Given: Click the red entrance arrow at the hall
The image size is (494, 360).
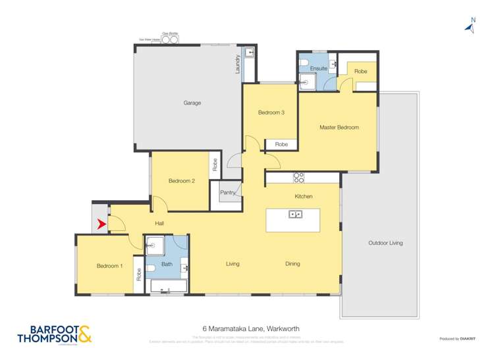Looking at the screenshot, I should point(101,224).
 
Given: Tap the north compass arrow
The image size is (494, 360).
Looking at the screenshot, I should point(470,26).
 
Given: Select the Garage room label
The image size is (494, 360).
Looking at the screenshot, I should point(192,103).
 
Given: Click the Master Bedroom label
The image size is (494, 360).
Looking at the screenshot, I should point(339,127).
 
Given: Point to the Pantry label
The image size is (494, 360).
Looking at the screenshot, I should point(228,192).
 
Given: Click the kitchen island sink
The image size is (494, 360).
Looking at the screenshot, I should point(295,214).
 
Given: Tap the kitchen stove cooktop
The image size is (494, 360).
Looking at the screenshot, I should point(298,177).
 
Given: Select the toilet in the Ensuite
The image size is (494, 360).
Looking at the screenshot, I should point(304,64).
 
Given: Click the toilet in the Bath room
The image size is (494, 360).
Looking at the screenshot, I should point(150,268).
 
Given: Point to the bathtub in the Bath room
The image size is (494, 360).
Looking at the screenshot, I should point(169,287).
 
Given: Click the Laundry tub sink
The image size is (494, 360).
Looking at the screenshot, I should point(250,53).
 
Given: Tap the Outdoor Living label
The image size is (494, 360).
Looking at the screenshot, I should point(385,244).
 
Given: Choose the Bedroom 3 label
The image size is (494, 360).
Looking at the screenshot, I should point(271,113).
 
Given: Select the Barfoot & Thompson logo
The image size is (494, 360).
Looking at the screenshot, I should point(52,334).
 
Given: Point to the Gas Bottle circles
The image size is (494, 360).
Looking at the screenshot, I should point(169,39).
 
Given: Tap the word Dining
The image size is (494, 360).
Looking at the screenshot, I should point(292,264).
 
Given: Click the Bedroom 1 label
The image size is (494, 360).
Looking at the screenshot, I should point(110,266).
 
